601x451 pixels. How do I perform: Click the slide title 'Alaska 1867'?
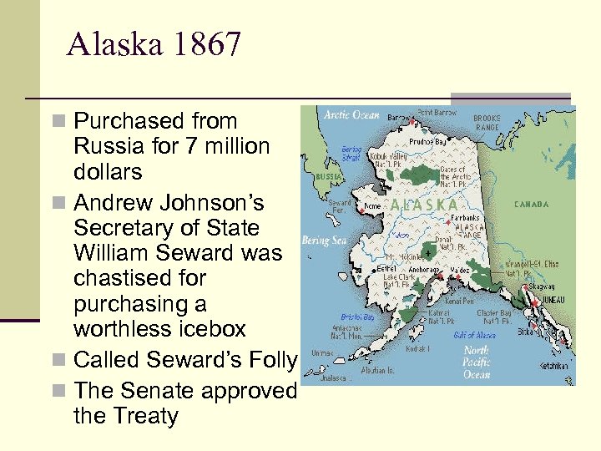154,44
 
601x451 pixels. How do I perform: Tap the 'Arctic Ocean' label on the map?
351,115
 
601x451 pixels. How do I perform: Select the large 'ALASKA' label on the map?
424,204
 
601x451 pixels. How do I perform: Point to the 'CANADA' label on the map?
531,204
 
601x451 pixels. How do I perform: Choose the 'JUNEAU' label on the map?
551,300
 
